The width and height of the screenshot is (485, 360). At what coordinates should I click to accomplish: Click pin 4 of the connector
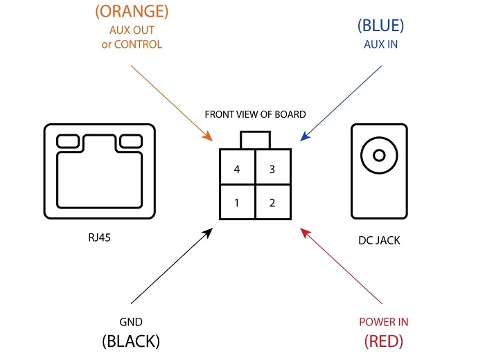(x=236, y=170)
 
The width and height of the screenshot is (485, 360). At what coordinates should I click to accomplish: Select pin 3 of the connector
(x=272, y=170)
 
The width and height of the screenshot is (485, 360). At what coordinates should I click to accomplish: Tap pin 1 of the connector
(x=236, y=204)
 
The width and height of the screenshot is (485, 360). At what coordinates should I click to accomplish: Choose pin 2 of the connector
(x=272, y=204)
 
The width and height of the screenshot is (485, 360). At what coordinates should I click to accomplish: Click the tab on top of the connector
(x=254, y=139)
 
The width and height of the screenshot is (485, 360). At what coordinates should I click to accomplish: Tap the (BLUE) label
(x=380, y=26)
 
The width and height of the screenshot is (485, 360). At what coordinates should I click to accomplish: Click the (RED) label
(x=383, y=341)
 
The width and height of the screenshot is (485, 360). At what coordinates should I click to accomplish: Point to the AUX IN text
(x=380, y=44)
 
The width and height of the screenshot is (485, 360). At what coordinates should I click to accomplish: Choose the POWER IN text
(x=383, y=322)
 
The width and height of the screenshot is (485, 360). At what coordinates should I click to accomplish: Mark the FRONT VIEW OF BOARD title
(x=255, y=114)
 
